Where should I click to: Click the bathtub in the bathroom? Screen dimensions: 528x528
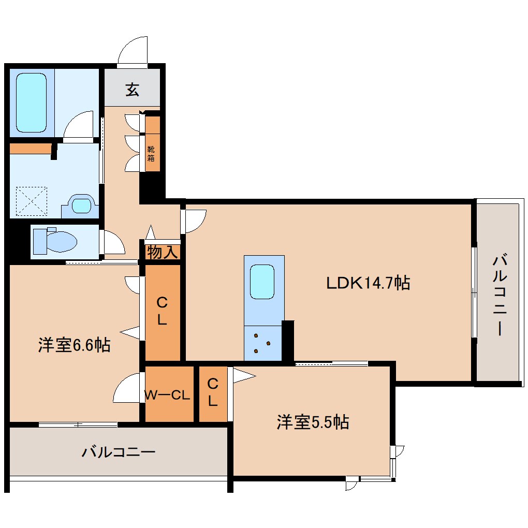31,102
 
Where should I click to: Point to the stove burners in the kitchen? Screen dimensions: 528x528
262,344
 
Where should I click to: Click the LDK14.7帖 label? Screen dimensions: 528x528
368,283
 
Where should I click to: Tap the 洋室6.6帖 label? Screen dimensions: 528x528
74,345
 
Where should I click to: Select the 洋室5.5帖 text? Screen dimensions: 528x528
312,422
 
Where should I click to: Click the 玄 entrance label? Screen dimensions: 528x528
132,90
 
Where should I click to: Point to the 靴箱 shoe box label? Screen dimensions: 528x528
151,154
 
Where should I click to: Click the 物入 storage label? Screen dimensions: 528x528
163,253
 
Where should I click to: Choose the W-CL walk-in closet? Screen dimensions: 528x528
168,395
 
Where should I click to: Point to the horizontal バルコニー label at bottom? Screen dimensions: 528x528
119,452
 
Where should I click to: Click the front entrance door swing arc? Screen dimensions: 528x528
133,50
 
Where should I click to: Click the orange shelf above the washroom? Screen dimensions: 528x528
30,149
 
